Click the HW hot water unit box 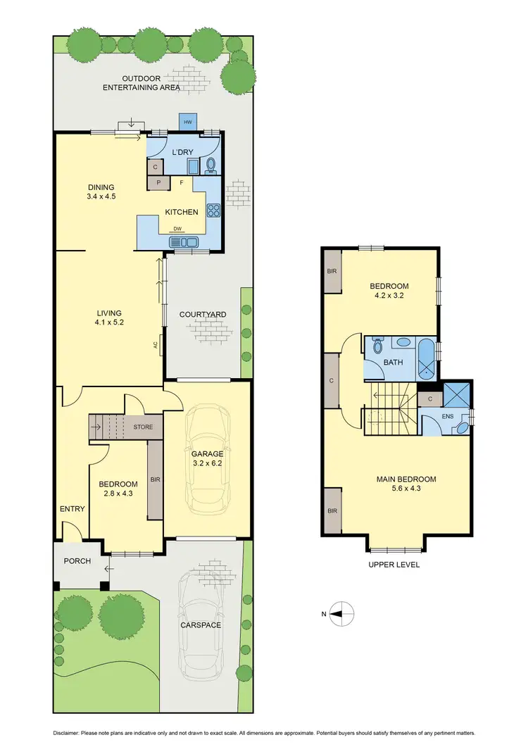click(187, 123)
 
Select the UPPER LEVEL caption click(395, 565)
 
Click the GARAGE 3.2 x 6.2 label click(207, 459)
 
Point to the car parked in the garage click(207, 458)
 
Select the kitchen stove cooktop click(213, 209)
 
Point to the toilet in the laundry click(211, 165)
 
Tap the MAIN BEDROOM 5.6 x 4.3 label click(406, 484)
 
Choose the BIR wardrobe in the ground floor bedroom click(155, 479)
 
